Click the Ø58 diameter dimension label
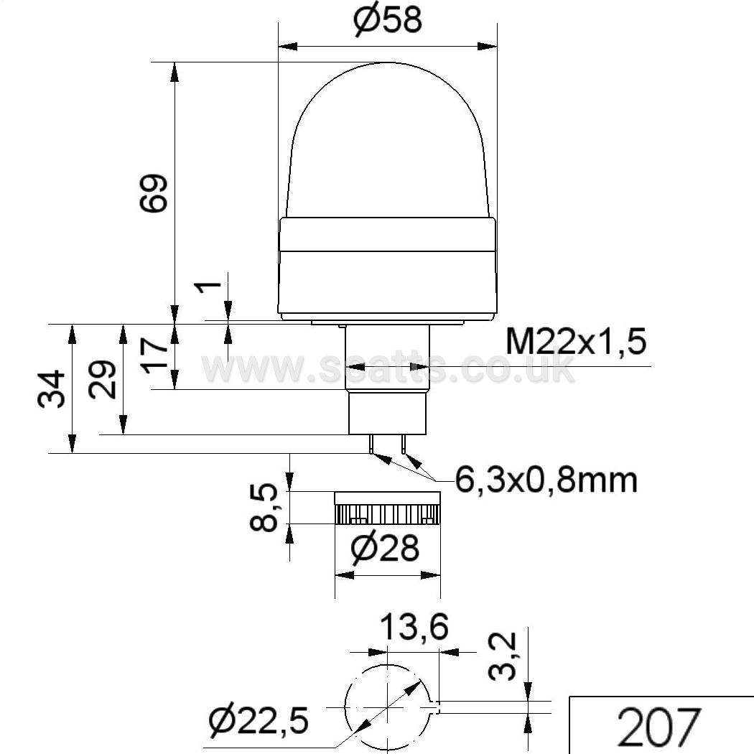388,21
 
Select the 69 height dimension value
154,193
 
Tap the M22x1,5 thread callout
576,342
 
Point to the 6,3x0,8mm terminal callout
546,480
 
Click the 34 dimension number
52,388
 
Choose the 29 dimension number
102,379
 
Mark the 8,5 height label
264,507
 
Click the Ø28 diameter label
385,548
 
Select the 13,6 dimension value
414,627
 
